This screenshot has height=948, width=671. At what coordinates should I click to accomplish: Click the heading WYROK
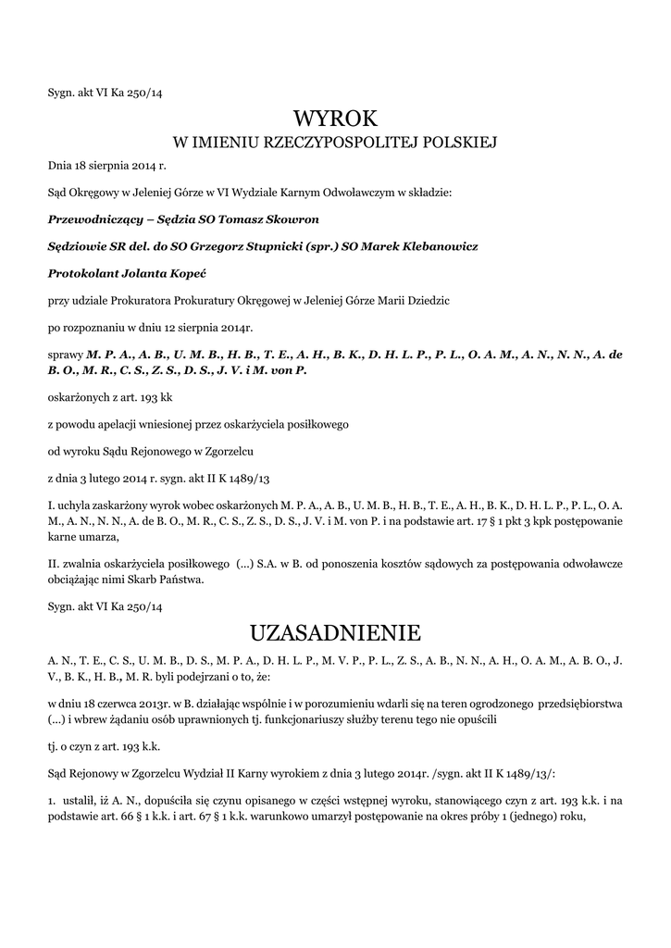pos(336,118)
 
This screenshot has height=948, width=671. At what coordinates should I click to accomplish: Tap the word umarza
pos(100,537)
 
